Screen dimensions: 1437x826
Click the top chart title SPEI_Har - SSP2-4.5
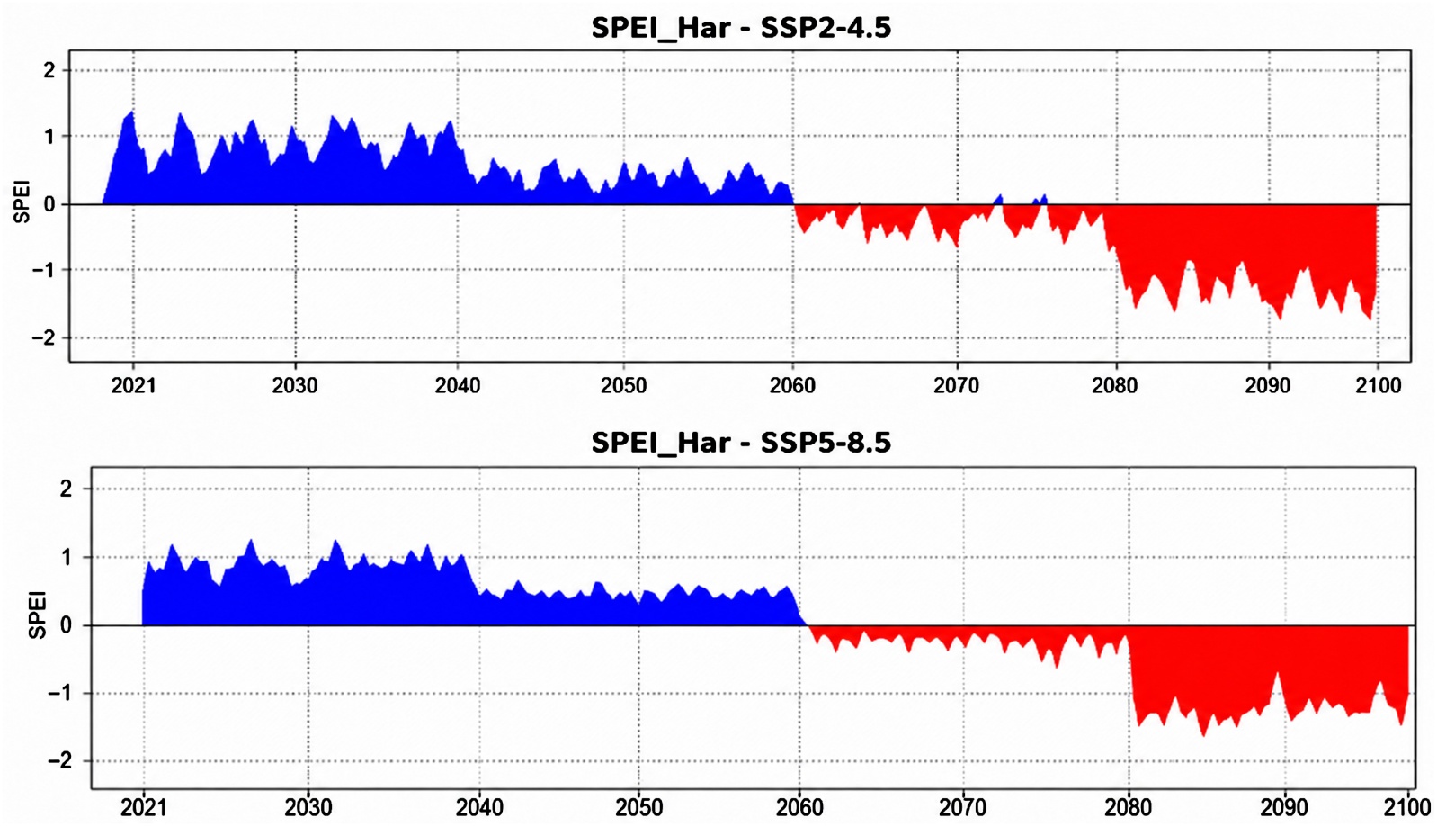[741, 28]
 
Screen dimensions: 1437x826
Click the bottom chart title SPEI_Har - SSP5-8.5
[741, 443]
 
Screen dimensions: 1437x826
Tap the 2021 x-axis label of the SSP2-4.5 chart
[133, 385]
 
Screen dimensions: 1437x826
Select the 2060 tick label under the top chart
[793, 385]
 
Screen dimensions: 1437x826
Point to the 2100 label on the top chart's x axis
[1378, 385]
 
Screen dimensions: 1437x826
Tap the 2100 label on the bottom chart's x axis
[1407, 807]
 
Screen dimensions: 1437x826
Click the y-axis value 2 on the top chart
[49, 70]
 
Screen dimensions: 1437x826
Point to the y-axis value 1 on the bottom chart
[66, 557]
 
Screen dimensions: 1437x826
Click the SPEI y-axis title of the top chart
[22, 204]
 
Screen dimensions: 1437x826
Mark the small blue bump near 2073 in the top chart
[998, 198]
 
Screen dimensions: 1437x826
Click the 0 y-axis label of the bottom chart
[66, 625]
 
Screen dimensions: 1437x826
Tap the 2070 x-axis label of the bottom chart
[963, 807]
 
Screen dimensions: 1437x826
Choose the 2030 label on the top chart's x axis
[295, 385]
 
